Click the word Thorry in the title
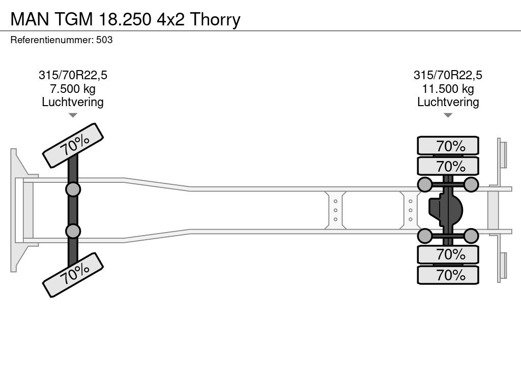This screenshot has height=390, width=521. (215, 20)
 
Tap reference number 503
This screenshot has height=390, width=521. (104, 40)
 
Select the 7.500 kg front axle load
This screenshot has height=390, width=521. (73, 89)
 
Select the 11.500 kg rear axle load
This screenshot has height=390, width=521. (448, 89)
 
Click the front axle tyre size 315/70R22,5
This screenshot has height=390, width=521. (73, 75)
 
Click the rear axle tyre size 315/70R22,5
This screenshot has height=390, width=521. (448, 75)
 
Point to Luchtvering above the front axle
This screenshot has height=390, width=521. (73, 102)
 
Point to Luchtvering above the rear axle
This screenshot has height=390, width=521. (448, 102)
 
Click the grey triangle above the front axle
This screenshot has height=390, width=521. (73, 115)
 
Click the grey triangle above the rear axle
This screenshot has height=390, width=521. (448, 115)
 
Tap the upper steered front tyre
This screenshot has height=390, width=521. (73, 146)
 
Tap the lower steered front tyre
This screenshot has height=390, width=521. (73, 275)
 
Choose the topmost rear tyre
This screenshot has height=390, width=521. (448, 146)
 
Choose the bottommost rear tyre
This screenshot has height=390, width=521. (448, 275)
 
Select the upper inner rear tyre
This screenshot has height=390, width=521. (448, 166)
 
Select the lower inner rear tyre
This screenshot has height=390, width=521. (448, 254)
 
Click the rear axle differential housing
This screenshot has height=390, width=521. (446, 210)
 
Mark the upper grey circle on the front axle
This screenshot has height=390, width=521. (73, 190)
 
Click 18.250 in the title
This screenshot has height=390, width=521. (125, 20)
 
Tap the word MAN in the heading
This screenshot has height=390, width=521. (30, 20)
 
